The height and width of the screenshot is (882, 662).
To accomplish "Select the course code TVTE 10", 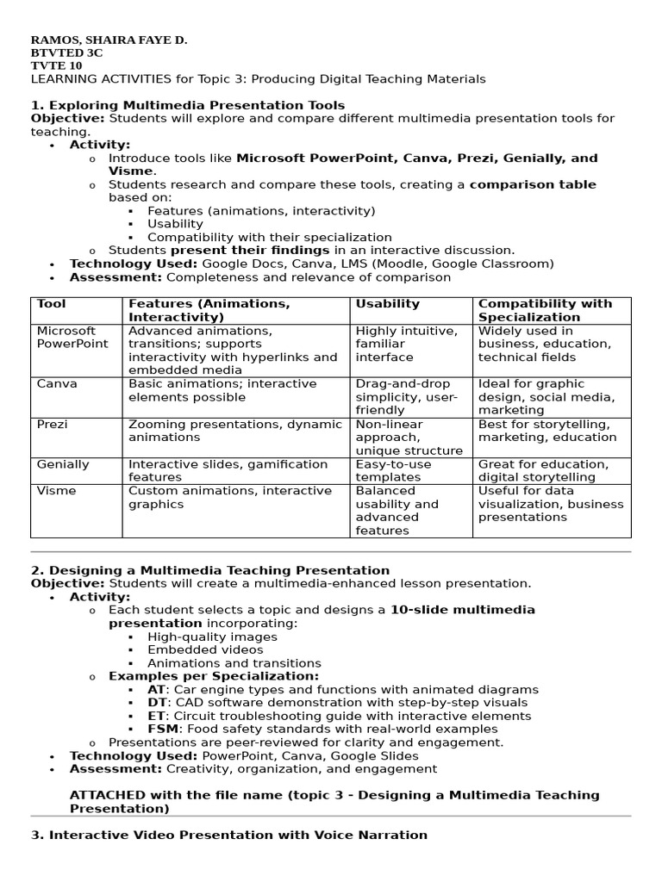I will point(57,65).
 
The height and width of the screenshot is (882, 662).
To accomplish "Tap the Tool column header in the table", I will point(51,304).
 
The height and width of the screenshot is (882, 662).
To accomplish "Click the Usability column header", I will point(387,304).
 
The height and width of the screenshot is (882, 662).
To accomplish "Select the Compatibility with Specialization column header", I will point(545,310).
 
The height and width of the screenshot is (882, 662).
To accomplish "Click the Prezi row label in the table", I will point(51,425).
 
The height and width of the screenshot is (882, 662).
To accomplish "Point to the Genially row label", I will point(63,464).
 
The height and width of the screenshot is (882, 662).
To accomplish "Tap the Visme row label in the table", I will point(56,491).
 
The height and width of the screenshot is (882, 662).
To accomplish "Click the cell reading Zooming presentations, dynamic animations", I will point(234,431).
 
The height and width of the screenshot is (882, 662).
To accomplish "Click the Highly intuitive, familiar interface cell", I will point(406,344).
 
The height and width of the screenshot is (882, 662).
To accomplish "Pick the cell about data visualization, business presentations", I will point(551,504).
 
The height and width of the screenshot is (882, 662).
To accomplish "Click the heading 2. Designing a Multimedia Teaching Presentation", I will point(210,570).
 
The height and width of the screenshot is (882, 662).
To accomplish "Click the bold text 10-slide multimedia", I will point(462,610).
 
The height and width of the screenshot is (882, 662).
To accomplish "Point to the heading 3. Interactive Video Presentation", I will point(229,835).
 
